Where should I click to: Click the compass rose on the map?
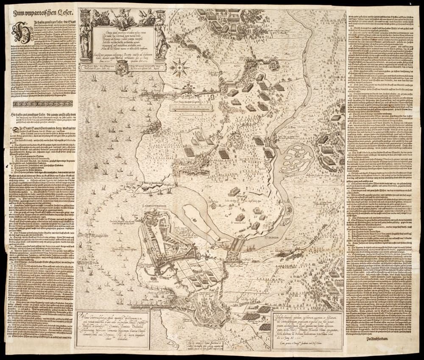[180, 68]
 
